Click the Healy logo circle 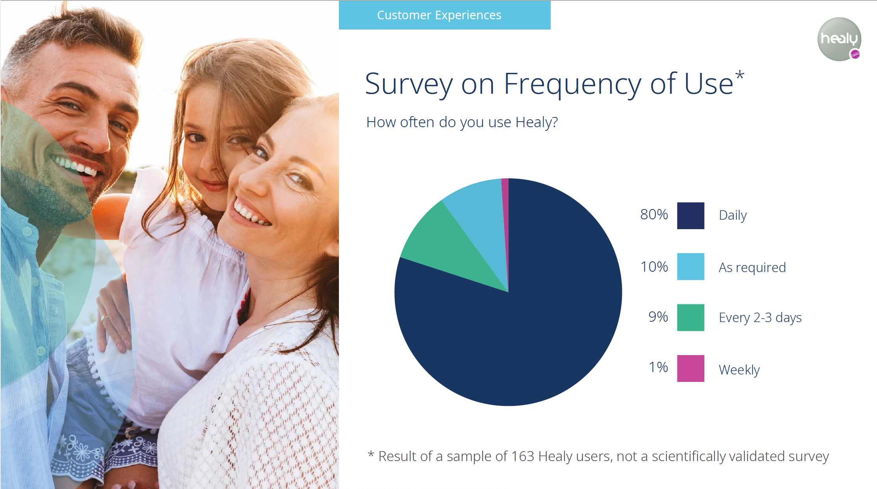[x=839, y=39]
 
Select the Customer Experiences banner [x=444, y=15]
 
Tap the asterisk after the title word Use [x=740, y=75]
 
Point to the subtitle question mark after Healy [x=555, y=122]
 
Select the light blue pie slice [x=480, y=220]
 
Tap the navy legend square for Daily [x=690, y=215]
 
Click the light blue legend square [x=690, y=267]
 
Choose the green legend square [x=690, y=317]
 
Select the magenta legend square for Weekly [x=690, y=369]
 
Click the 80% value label [x=654, y=215]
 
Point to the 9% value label [x=658, y=317]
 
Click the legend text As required [x=752, y=268]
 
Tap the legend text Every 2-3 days [x=760, y=318]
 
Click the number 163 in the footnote [x=522, y=456]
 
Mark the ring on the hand [x=104, y=317]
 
